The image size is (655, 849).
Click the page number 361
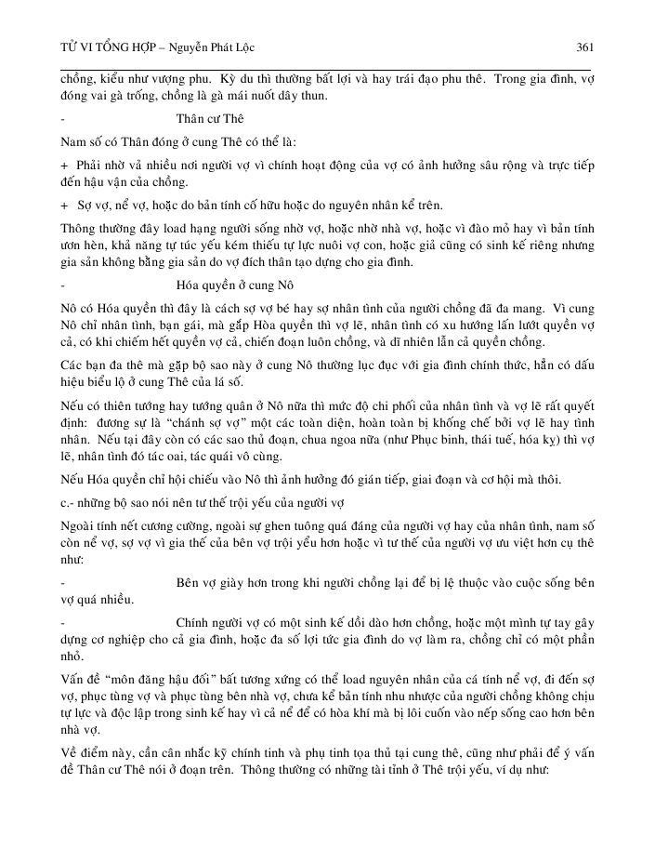pos(584,46)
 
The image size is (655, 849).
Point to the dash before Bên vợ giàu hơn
pos(62,582)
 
